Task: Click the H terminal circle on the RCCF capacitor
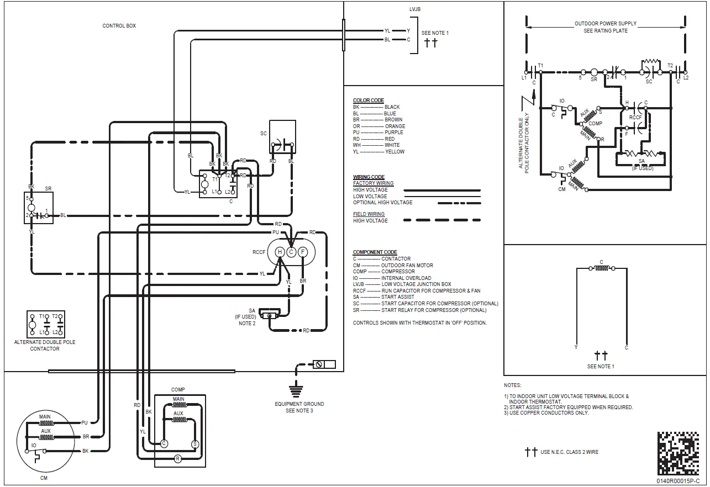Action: (x=280, y=252)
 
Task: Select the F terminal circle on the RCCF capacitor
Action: (x=303, y=252)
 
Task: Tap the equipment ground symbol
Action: (x=297, y=391)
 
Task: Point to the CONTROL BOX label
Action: (x=119, y=26)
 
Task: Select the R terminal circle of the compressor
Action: (x=178, y=458)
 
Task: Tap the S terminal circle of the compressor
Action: (x=194, y=443)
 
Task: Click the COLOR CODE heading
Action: (x=368, y=100)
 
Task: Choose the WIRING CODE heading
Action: (x=369, y=177)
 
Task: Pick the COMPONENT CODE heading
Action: (x=375, y=252)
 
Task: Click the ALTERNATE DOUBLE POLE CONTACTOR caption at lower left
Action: (x=45, y=345)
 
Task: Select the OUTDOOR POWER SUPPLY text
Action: (x=605, y=24)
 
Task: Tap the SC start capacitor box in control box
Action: (x=282, y=137)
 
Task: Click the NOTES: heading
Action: (x=512, y=385)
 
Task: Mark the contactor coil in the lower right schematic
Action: (x=601, y=269)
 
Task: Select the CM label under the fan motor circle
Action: (x=44, y=478)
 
